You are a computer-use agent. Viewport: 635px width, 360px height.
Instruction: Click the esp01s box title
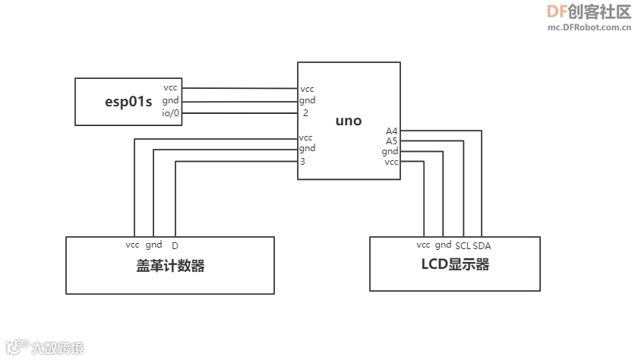click(x=128, y=101)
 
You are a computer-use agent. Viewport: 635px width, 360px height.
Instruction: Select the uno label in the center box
click(x=349, y=121)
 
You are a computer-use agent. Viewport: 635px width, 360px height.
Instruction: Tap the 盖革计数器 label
click(x=170, y=266)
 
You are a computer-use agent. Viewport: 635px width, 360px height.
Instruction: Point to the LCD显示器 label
click(x=455, y=264)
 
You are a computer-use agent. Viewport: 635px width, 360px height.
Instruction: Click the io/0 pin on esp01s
click(x=170, y=113)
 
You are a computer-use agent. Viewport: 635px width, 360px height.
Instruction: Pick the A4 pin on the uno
click(x=391, y=131)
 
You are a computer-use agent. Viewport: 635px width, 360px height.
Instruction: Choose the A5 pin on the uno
click(x=391, y=141)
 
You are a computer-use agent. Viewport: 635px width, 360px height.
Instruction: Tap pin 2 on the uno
click(x=305, y=112)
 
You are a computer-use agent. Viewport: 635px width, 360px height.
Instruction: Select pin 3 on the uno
click(x=302, y=161)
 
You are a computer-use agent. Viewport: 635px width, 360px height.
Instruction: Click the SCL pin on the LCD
click(x=463, y=246)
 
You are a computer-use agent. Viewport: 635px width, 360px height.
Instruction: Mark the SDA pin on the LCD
click(x=482, y=246)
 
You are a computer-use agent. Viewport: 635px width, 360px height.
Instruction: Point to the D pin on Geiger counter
click(x=175, y=246)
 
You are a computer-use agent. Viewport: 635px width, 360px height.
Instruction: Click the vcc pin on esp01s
click(x=170, y=88)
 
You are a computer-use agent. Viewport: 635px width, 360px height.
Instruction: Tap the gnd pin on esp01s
click(x=170, y=100)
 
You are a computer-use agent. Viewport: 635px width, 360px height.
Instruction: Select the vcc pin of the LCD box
click(x=424, y=245)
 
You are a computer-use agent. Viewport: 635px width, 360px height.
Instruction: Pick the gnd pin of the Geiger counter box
click(x=153, y=245)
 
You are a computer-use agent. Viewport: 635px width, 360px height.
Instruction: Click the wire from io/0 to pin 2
click(x=239, y=113)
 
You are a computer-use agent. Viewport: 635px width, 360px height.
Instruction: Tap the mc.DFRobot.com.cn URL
click(x=589, y=27)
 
